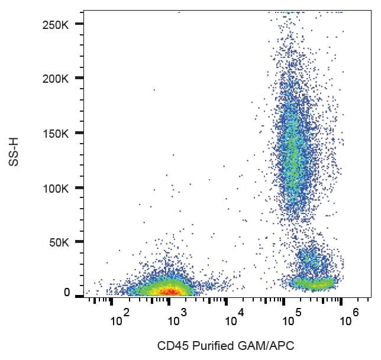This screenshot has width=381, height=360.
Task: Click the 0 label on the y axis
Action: (67, 293)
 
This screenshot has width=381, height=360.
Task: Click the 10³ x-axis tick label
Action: (176, 319)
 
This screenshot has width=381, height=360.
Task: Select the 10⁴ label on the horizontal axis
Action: (234, 319)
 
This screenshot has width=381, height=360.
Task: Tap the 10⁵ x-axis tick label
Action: (291, 319)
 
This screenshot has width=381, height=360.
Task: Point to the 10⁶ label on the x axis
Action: (348, 319)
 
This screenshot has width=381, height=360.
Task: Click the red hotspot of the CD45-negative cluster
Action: (170, 291)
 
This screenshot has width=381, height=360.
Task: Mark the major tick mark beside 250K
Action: (79, 24)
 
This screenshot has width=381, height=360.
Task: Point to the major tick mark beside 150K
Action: (79, 133)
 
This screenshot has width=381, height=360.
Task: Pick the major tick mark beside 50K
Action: (79, 242)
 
